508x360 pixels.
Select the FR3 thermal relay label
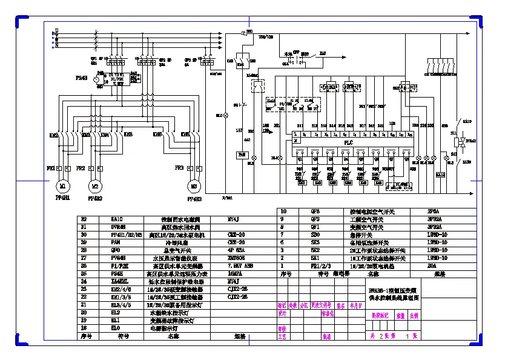tap(179, 167)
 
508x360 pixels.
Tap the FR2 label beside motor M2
tap(81, 167)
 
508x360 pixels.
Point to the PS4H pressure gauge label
tap(81, 78)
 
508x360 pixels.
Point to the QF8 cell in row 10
tap(315, 212)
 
